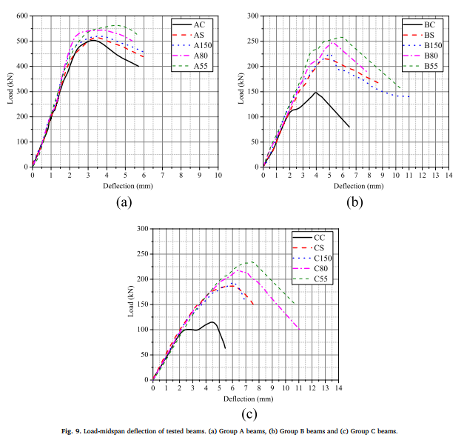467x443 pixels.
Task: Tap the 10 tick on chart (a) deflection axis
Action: [218, 175]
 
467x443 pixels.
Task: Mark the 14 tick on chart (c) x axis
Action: [339, 387]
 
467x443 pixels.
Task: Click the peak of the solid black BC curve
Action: [316, 93]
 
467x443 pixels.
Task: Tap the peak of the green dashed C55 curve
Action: [249, 262]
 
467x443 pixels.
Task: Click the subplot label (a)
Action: [124, 201]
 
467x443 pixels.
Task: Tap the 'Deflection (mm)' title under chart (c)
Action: [245, 398]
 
